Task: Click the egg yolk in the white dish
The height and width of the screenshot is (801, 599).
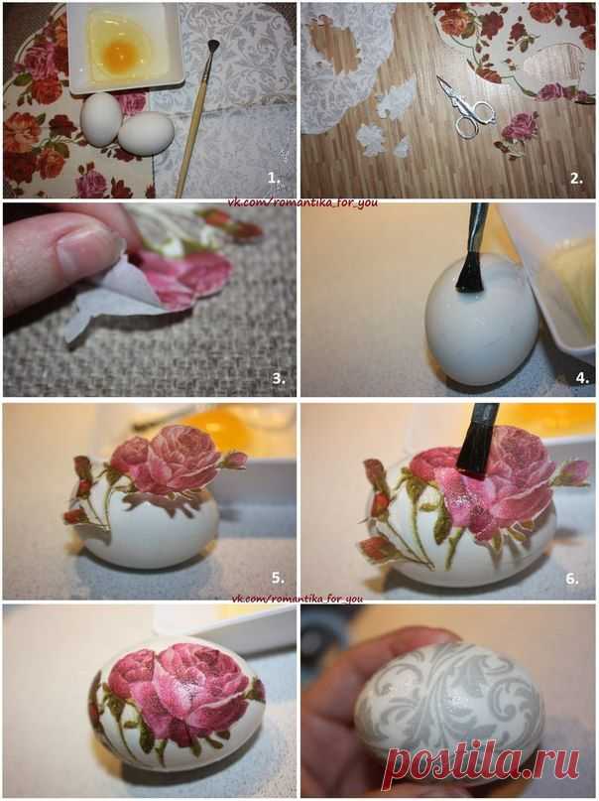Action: (x=121, y=51)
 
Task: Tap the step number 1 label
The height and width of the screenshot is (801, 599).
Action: (x=274, y=178)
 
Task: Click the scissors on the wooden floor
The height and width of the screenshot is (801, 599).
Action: (x=465, y=107)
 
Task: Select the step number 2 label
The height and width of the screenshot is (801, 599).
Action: (x=576, y=179)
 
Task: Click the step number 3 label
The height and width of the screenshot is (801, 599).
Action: (x=279, y=378)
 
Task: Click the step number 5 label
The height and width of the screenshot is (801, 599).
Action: (x=278, y=578)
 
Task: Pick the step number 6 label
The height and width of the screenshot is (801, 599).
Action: (x=572, y=579)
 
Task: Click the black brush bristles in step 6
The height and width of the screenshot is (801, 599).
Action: (x=476, y=454)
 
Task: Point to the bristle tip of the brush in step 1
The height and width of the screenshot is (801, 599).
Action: (x=212, y=46)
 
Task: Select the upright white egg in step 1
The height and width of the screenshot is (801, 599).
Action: (x=101, y=119)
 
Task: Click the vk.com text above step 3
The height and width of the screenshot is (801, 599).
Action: (x=302, y=202)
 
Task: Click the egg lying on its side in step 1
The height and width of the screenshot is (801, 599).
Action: (x=147, y=133)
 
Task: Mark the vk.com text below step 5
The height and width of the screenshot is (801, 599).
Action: (x=297, y=599)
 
